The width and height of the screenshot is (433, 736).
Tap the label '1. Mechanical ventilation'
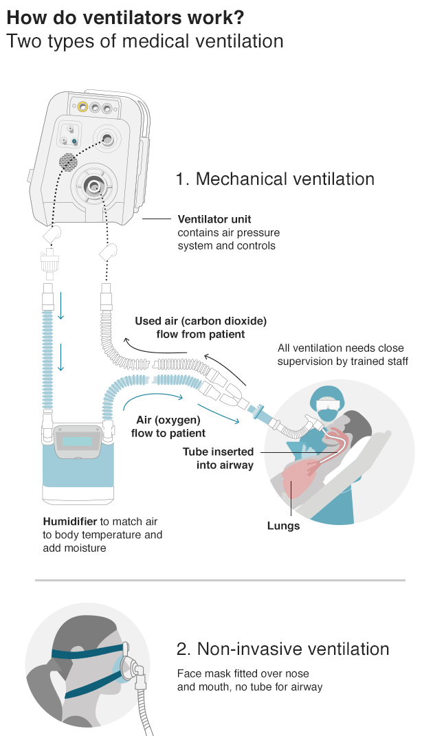point(275,179)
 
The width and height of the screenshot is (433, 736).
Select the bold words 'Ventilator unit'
point(214,220)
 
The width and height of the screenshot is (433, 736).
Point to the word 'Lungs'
point(283,526)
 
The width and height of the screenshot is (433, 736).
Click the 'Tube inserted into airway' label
point(218,458)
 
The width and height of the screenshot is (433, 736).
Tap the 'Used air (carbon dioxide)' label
point(200,321)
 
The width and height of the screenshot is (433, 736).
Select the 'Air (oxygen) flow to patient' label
point(168,427)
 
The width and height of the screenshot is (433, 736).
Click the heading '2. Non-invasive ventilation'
point(282,649)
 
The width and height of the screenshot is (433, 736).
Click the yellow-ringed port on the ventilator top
point(82,107)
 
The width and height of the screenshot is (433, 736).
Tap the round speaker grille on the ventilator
point(68,162)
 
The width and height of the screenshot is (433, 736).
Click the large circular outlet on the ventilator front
point(93,185)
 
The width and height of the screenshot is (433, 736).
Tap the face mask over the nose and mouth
point(129,665)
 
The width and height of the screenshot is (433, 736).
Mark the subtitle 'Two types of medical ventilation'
point(144,41)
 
